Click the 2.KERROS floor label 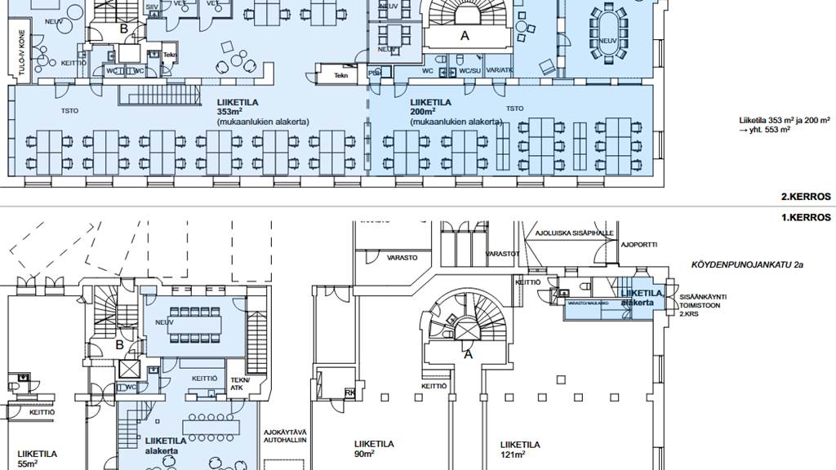point(805,197)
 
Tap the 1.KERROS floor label point(805,218)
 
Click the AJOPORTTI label point(641,244)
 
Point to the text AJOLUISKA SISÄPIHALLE point(574,233)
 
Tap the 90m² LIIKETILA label point(374,449)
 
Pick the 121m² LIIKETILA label point(520,449)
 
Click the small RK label point(350,392)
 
